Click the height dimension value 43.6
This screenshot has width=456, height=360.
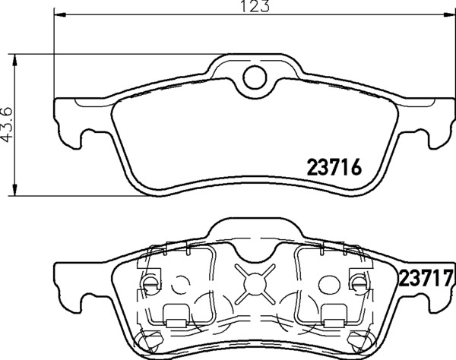pos(8,124)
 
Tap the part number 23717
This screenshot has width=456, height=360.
pos(426,277)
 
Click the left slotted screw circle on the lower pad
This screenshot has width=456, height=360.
pos(149,284)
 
